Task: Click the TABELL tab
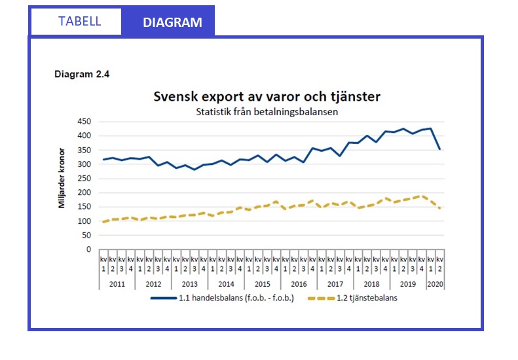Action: tap(79, 21)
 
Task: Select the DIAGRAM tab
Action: tap(172, 22)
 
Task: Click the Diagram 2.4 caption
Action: tap(81, 75)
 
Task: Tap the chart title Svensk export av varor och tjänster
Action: tap(267, 97)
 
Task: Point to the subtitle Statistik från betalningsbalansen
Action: tap(267, 111)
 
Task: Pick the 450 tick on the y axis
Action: tap(83, 122)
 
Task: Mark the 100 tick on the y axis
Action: tap(83, 221)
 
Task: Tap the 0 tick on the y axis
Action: tap(88, 249)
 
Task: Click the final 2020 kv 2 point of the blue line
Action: tap(440, 149)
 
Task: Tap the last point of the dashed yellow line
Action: tap(440, 208)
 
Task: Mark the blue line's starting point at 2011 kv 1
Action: tap(103, 160)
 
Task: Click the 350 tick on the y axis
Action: tap(83, 150)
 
